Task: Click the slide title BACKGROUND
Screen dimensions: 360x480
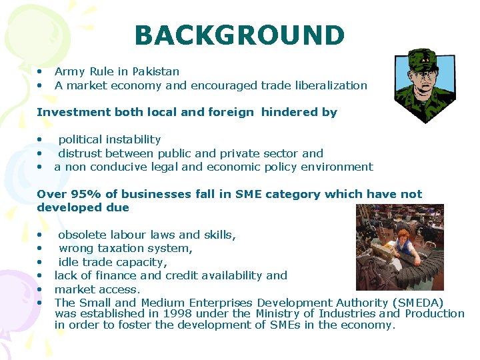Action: pyautogui.click(x=239, y=35)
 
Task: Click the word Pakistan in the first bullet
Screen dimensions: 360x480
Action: pyautogui.click(x=156, y=71)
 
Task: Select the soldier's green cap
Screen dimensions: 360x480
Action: pyautogui.click(x=421, y=59)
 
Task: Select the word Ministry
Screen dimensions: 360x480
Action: pyautogui.click(x=277, y=313)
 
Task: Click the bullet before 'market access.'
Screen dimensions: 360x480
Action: pyautogui.click(x=41, y=289)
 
